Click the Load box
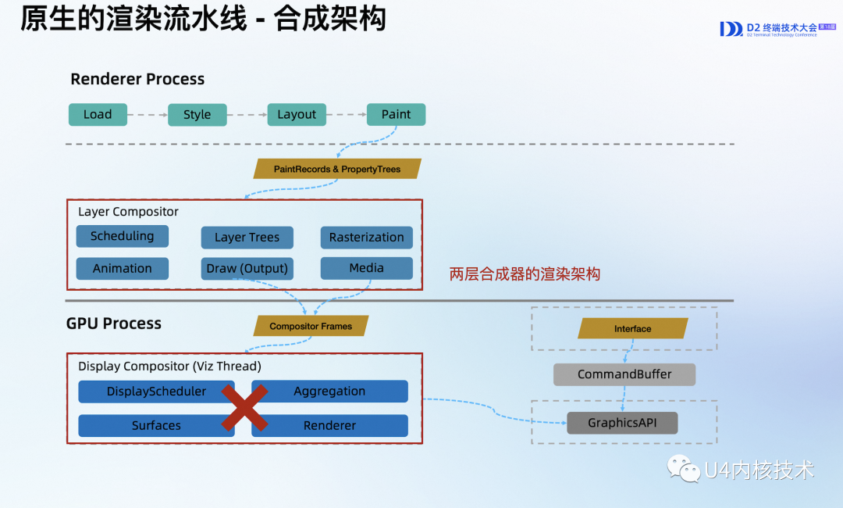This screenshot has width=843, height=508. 98,115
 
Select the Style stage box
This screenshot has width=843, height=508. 197,115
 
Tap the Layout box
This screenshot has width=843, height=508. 297,115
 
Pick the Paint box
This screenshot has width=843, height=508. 396,115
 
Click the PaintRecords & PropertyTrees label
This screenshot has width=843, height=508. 337,169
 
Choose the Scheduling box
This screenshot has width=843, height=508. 122,236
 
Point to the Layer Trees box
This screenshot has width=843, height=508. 247,238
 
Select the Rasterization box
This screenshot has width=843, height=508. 366,238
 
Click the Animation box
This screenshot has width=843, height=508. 122,269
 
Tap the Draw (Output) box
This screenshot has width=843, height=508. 247,269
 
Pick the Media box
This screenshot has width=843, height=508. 366,268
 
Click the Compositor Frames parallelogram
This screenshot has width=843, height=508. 311,326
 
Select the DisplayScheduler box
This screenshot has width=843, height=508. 148,392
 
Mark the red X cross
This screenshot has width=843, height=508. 244,408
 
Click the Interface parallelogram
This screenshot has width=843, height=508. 632,329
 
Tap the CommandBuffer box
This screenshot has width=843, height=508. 624,374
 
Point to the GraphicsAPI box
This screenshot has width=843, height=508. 622,423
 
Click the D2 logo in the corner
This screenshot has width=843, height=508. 731,29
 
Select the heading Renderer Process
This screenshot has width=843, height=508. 137,79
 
